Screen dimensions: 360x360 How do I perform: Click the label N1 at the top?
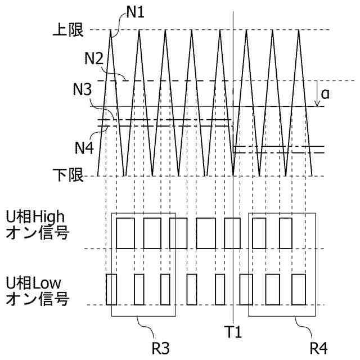point(136,12)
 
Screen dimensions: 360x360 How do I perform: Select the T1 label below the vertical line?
point(234,333)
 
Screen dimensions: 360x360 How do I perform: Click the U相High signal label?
point(37,223)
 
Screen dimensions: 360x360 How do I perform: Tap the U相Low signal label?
point(37,290)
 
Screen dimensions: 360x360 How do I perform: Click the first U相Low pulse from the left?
point(111,289)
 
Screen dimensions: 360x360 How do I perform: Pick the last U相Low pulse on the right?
point(298,289)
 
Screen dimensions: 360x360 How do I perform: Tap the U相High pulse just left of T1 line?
point(232,233)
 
